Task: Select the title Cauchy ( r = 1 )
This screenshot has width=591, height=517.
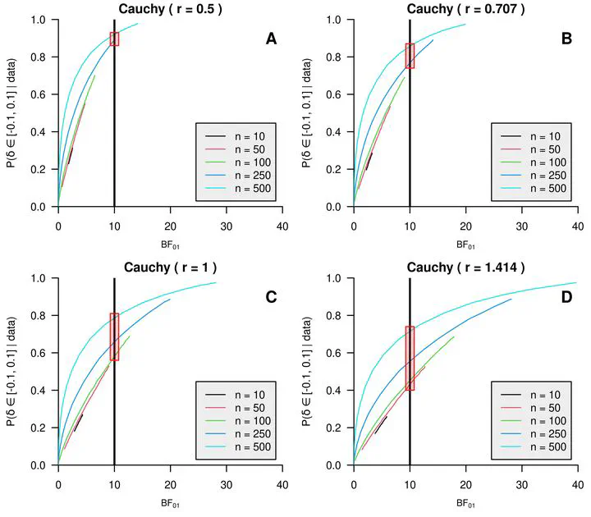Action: (x=169, y=267)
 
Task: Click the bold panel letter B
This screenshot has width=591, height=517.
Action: (x=566, y=38)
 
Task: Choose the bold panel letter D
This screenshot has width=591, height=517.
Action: (x=566, y=297)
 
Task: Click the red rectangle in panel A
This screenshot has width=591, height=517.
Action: (x=114, y=39)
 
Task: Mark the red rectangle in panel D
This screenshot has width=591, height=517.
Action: (x=410, y=358)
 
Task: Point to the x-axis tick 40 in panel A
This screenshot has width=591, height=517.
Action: (x=282, y=224)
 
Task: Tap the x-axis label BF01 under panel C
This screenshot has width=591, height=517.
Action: (x=169, y=503)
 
